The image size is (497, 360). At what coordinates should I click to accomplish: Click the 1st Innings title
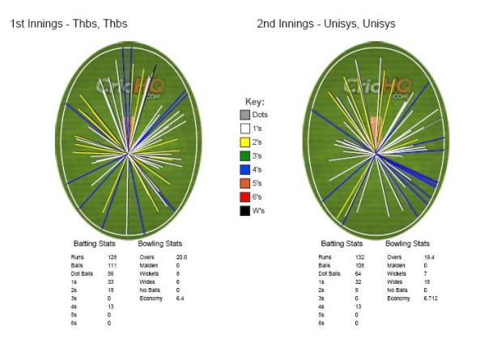[x=55, y=24]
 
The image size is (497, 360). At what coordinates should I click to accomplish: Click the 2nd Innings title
[x=325, y=24]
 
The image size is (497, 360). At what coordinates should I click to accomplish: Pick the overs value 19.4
[x=420, y=256]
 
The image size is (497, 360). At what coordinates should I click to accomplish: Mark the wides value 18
[x=418, y=281]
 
